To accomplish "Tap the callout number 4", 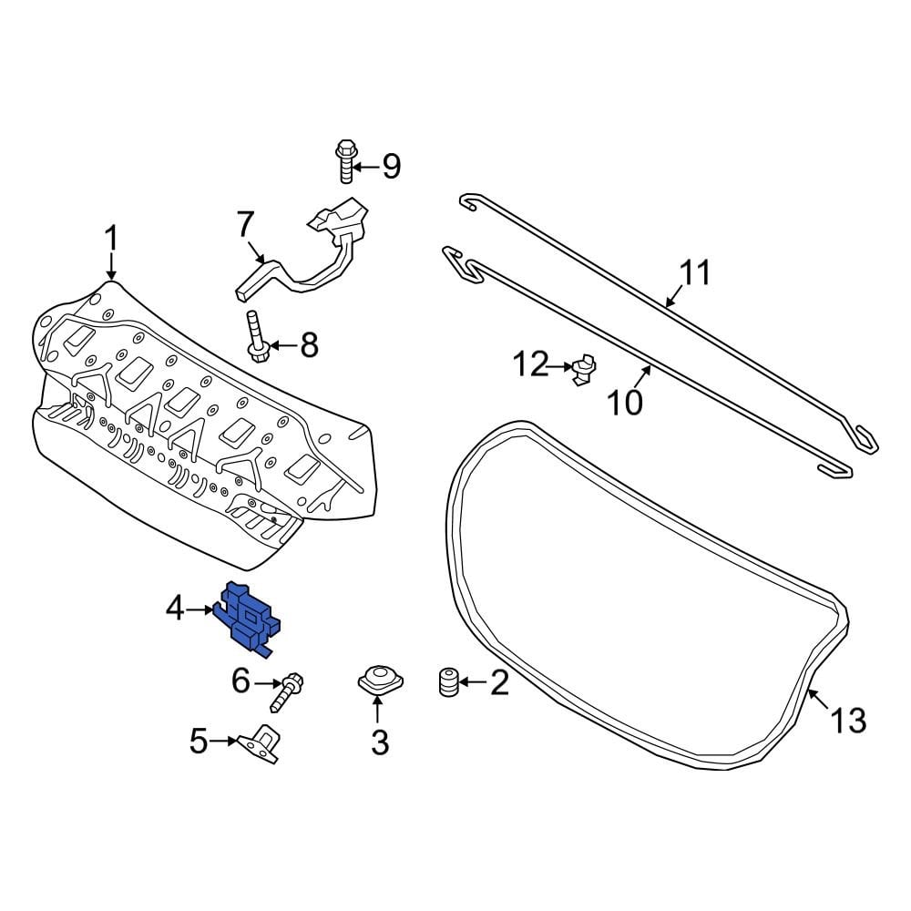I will (x=176, y=608).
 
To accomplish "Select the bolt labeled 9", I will (x=345, y=163).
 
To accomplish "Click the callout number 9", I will (x=391, y=167).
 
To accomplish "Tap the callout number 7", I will (x=243, y=223).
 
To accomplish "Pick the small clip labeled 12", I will (x=584, y=369).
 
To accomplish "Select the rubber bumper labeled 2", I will (x=446, y=682).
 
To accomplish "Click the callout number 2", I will (x=499, y=682).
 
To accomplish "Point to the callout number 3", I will (x=379, y=742).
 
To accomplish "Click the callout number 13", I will (x=847, y=721).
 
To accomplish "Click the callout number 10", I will (x=625, y=402).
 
